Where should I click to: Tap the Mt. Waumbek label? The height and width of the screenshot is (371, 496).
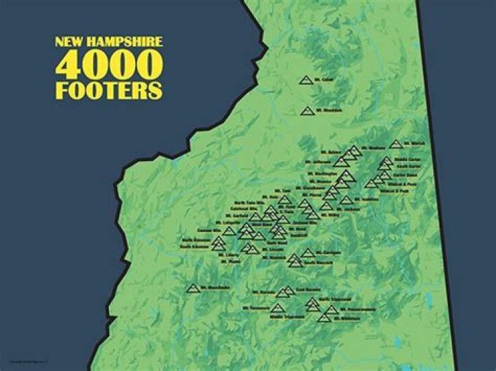(x=328, y=110)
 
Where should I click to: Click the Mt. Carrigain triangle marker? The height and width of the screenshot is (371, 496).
(x=308, y=253)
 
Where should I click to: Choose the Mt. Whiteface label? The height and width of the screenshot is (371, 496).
(x=349, y=319)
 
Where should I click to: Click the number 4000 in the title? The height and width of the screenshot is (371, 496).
(x=110, y=66)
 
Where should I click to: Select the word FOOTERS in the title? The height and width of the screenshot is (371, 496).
(x=110, y=91)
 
